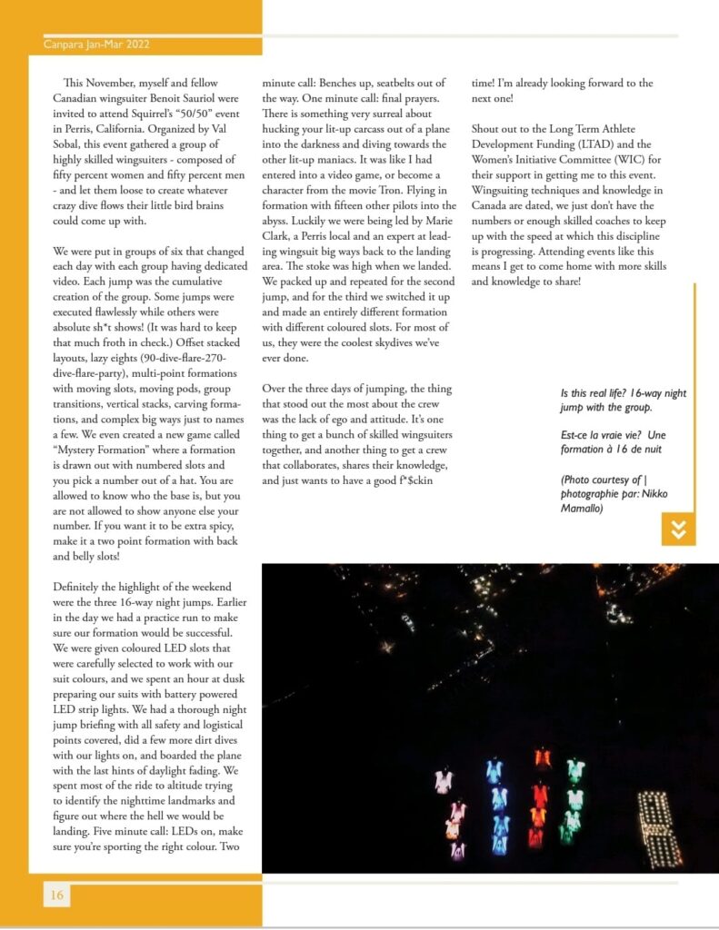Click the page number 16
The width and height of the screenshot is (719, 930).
56,895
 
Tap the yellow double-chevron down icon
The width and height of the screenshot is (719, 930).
677,529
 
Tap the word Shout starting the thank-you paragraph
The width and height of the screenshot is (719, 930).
491,128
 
